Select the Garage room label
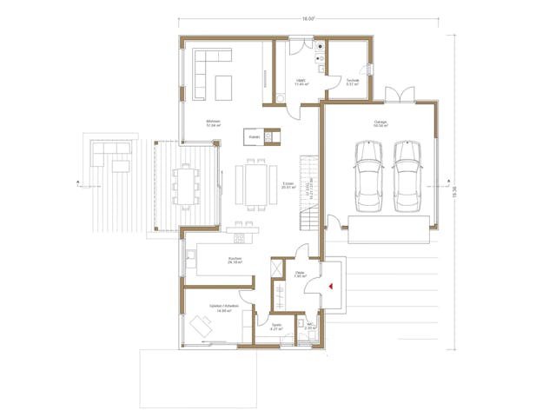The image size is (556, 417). [381, 123]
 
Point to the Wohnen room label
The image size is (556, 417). [213, 122]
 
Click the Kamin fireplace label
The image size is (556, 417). [255, 136]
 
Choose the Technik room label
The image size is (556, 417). [353, 83]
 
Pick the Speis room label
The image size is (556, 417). [276, 328]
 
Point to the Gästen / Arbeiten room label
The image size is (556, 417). [225, 308]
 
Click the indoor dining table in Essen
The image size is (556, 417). [257, 184]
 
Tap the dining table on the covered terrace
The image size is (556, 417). [186, 184]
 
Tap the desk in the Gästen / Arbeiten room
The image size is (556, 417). [205, 327]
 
